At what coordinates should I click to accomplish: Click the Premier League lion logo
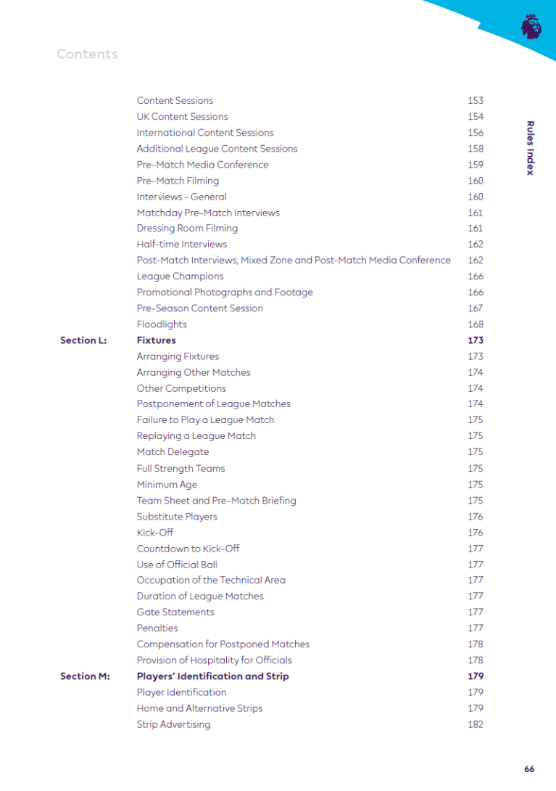pyautogui.click(x=531, y=27)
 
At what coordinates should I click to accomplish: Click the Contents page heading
pyautogui.click(x=87, y=54)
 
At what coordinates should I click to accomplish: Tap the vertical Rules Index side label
pyautogui.click(x=530, y=148)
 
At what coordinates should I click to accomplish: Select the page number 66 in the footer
pyautogui.click(x=529, y=769)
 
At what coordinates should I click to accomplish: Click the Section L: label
pyautogui.click(x=83, y=340)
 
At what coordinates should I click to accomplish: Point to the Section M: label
pyautogui.click(x=85, y=676)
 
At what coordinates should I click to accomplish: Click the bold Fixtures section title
pyautogui.click(x=156, y=340)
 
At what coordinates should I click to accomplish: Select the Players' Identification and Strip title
pyautogui.click(x=212, y=676)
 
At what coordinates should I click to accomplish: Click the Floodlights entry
pyautogui.click(x=162, y=324)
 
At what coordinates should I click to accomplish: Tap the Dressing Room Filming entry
pyautogui.click(x=187, y=228)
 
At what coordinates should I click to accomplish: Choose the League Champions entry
pyautogui.click(x=180, y=276)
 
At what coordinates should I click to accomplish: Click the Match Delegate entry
pyautogui.click(x=173, y=452)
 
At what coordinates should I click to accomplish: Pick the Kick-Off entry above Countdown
pyautogui.click(x=154, y=533)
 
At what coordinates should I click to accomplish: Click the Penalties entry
pyautogui.click(x=157, y=628)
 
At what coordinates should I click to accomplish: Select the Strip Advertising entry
pyautogui.click(x=173, y=724)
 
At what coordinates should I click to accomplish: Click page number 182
pyautogui.click(x=476, y=724)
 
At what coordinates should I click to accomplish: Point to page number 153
pyautogui.click(x=476, y=101)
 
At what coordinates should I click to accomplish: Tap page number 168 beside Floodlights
pyautogui.click(x=476, y=324)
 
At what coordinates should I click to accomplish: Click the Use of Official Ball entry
pyautogui.click(x=177, y=565)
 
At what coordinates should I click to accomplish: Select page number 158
pyautogui.click(x=476, y=149)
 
